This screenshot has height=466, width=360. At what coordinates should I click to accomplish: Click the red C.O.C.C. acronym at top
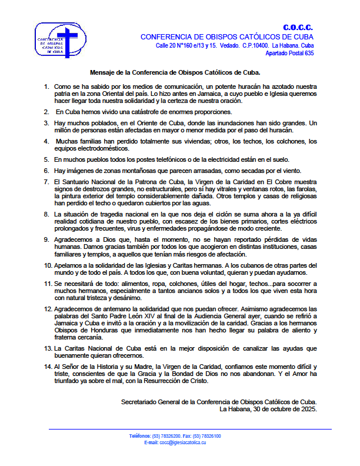coord(298,28)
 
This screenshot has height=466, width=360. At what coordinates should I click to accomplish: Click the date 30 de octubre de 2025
coord(282,408)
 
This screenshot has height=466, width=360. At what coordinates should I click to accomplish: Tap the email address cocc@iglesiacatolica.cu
coord(183,442)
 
